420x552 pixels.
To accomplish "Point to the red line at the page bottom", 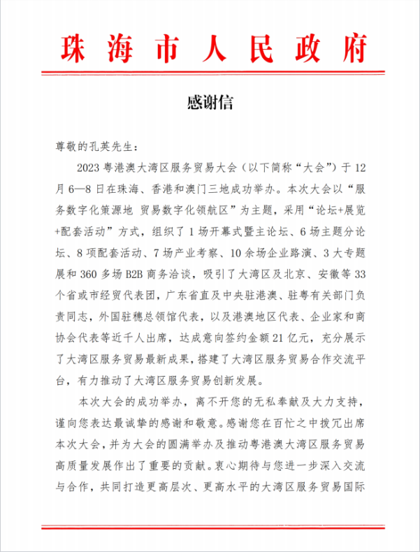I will (x=210, y=526).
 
